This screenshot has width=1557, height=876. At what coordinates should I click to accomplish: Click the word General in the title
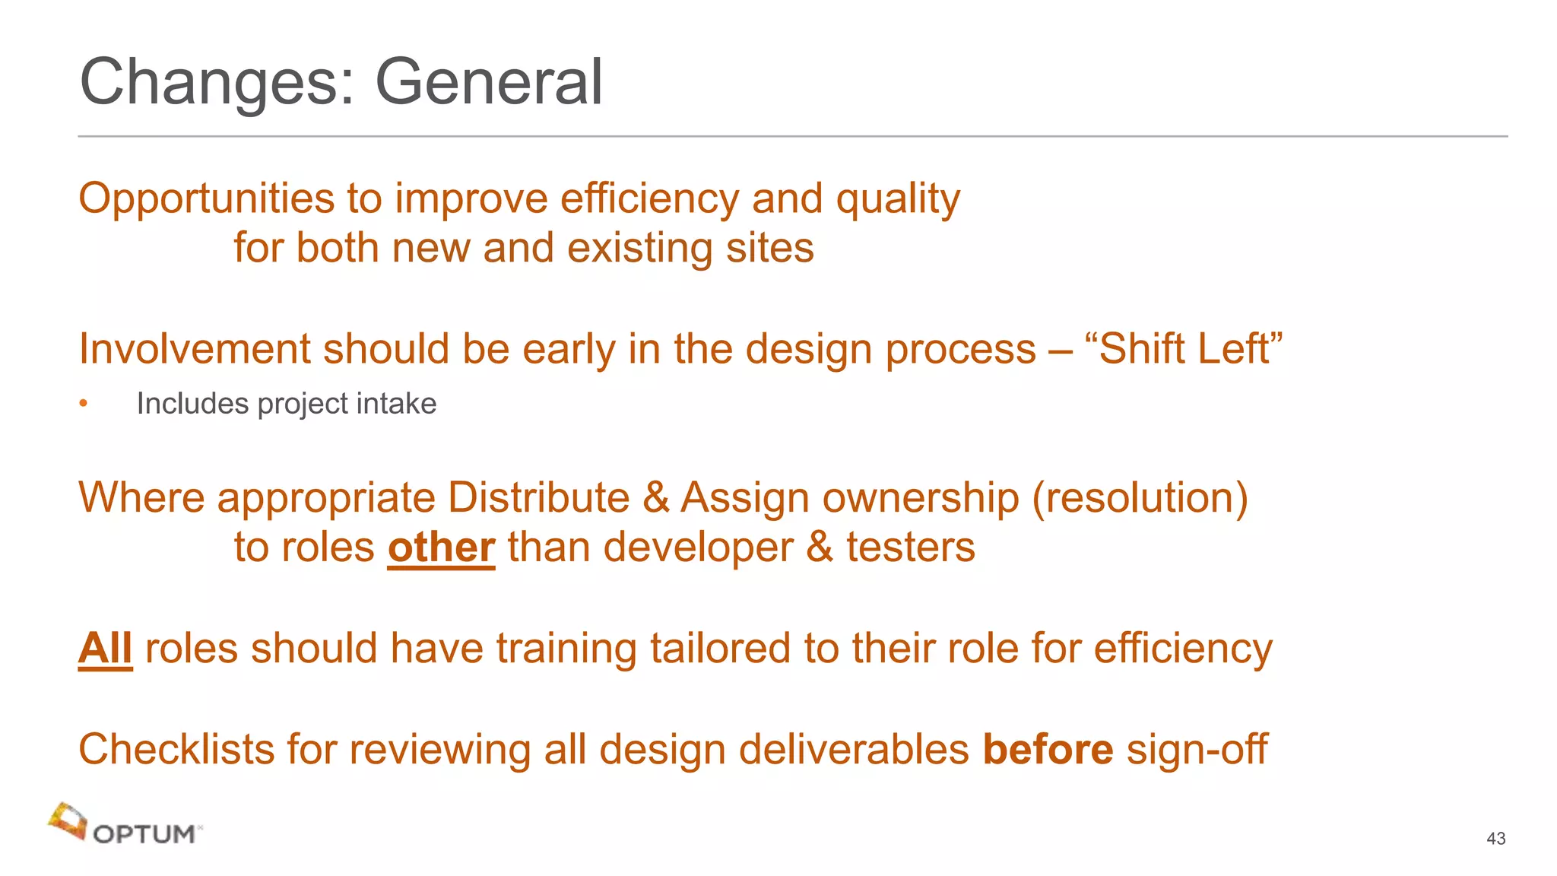[489, 82]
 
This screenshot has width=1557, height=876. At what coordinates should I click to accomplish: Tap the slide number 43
[1495, 838]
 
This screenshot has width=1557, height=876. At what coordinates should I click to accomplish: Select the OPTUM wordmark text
[144, 834]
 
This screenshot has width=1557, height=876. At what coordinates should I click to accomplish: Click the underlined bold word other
[441, 547]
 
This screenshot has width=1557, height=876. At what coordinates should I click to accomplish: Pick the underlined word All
[105, 649]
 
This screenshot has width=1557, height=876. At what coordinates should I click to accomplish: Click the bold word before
[1048, 749]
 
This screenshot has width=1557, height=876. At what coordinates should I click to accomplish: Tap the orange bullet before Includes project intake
[84, 404]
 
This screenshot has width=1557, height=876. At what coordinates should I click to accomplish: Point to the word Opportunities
[207, 199]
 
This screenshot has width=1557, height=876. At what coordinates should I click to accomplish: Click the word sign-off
[1197, 749]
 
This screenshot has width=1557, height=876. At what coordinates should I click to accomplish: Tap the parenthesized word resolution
[1140, 498]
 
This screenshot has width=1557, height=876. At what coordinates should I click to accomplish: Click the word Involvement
[195, 349]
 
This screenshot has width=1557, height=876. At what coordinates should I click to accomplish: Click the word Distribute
[538, 498]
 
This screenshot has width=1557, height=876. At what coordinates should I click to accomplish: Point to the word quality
[898, 199]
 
